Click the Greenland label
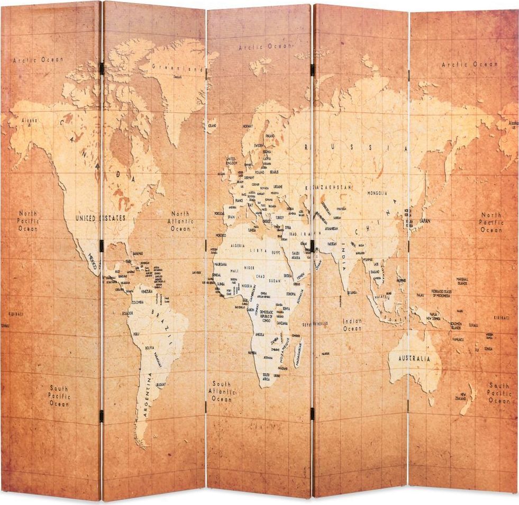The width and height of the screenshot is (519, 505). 177,68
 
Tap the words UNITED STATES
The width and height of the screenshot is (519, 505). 100,218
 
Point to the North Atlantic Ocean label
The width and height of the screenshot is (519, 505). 180,221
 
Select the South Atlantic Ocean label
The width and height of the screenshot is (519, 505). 222,391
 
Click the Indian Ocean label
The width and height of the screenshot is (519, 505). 352,324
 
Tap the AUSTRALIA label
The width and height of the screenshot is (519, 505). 409,359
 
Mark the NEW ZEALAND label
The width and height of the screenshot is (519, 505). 462,396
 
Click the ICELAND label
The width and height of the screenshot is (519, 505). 212,125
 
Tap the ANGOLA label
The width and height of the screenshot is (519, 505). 260,335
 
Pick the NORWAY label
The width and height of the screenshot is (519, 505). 248,127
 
